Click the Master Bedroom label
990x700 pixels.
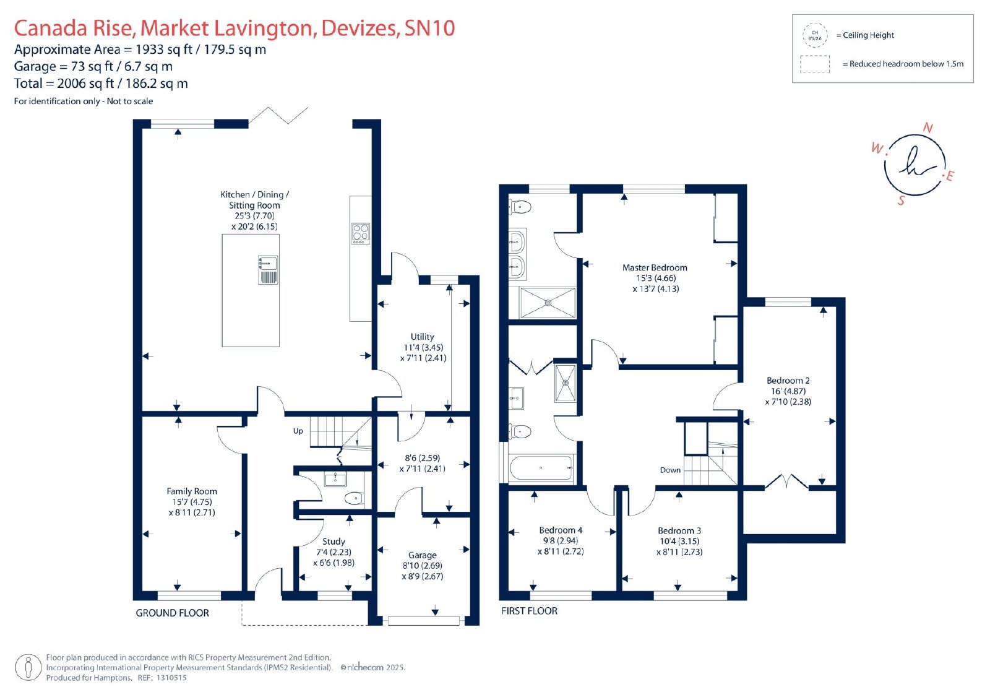click(x=655, y=267)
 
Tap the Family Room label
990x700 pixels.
click(x=192, y=491)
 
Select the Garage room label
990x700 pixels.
click(x=422, y=555)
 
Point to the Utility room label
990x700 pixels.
click(x=422, y=337)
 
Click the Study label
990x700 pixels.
click(x=334, y=542)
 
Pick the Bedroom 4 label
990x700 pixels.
click(x=561, y=530)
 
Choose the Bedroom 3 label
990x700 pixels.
click(x=679, y=530)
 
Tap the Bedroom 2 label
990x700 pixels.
click(x=788, y=380)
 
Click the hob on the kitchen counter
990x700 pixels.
click(x=361, y=233)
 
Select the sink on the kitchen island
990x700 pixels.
click(x=268, y=270)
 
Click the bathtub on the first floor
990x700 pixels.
click(x=541, y=468)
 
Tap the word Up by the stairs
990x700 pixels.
click(x=298, y=431)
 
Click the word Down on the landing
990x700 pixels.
click(x=670, y=470)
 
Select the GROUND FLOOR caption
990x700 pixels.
click(x=172, y=613)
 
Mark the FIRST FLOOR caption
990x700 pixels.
click(x=529, y=611)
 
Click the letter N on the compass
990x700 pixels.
click(x=928, y=127)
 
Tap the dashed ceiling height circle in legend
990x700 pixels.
click(x=815, y=35)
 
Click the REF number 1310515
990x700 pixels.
click(x=171, y=678)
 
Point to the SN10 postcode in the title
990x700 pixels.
click(x=429, y=28)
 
